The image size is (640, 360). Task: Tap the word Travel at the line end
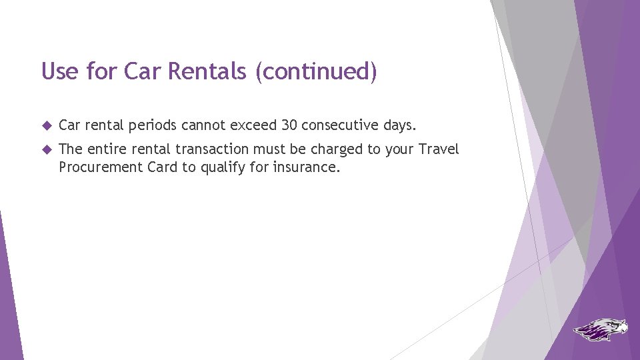click(x=439, y=149)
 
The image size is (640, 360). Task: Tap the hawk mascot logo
click(x=601, y=329)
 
